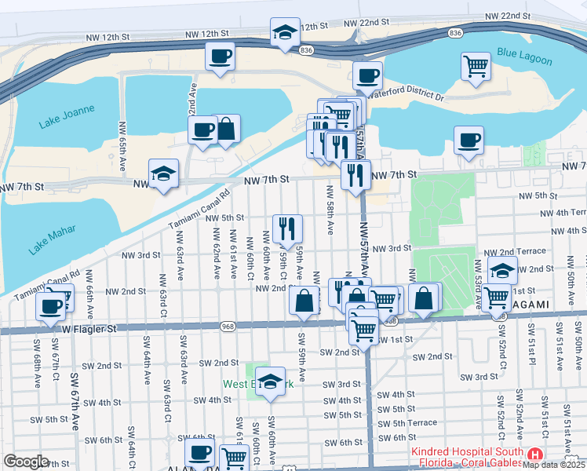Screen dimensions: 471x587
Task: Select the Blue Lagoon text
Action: pyautogui.click(x=520, y=54)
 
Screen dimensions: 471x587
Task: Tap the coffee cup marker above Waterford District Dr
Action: pyautogui.click(x=366, y=76)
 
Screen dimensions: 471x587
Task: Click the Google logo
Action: pyautogui.click(x=26, y=462)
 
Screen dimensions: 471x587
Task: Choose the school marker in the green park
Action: pyautogui.click(x=270, y=382)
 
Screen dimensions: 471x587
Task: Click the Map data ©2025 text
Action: pyautogui.click(x=554, y=465)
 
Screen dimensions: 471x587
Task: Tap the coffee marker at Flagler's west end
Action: pyautogui.click(x=52, y=305)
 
